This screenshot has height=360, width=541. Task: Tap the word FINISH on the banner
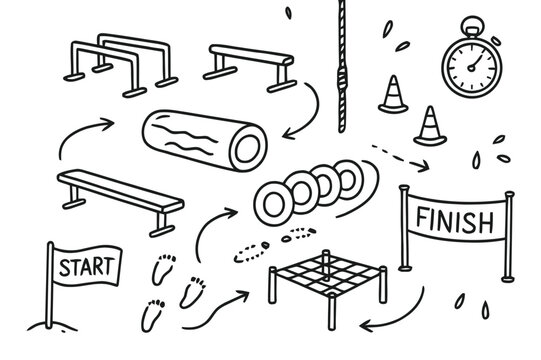(453, 217)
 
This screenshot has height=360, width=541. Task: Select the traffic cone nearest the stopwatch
(429, 126)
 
